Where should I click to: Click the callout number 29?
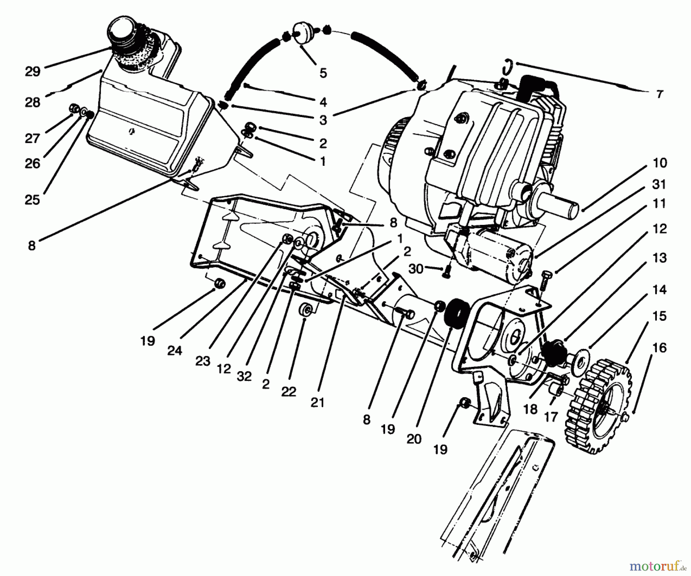(x=32, y=72)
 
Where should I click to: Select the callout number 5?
(x=323, y=73)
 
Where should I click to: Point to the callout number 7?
(x=660, y=94)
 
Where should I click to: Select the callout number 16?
(x=660, y=348)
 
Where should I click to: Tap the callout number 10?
(x=660, y=163)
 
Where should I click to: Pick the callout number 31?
(x=660, y=185)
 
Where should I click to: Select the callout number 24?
(x=175, y=350)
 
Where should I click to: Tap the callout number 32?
(x=244, y=377)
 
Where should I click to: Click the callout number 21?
(x=317, y=402)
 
